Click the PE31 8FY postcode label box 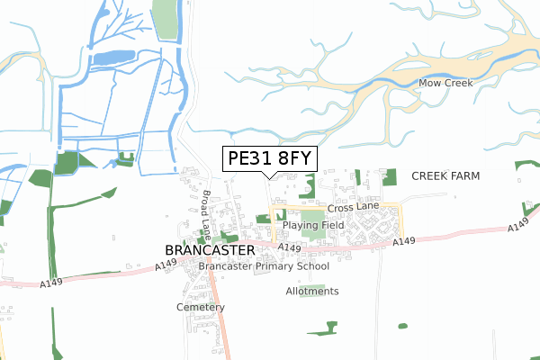click(x=269, y=158)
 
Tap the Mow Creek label click(x=445, y=84)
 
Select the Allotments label click(x=311, y=291)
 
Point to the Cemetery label click(x=201, y=307)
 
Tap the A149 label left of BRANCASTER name click(x=165, y=264)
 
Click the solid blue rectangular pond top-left click(x=112, y=58)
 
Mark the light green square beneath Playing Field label click(x=313, y=232)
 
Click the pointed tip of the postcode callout click(x=269, y=178)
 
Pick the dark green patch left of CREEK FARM click(x=389, y=176)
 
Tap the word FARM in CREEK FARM click(x=465, y=175)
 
